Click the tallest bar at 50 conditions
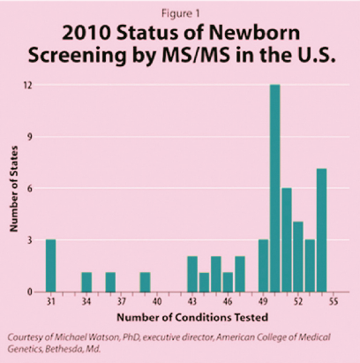click(x=275, y=188)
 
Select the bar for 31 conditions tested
click(x=51, y=266)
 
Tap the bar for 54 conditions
click(x=321, y=231)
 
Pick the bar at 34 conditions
click(x=86, y=282)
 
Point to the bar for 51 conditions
click(x=287, y=240)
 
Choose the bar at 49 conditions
click(x=264, y=266)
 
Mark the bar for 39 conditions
click(x=145, y=282)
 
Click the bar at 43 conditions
click(x=192, y=274)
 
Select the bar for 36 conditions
click(x=110, y=282)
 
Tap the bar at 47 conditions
click(x=240, y=274)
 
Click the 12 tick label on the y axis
click(x=28, y=85)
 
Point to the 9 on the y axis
click(x=30, y=137)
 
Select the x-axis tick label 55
click(x=334, y=302)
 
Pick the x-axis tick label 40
click(x=157, y=302)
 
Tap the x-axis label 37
click(x=122, y=302)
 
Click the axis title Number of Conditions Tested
click(x=192, y=317)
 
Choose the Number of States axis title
click(x=14, y=189)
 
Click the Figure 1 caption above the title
click(x=181, y=13)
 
